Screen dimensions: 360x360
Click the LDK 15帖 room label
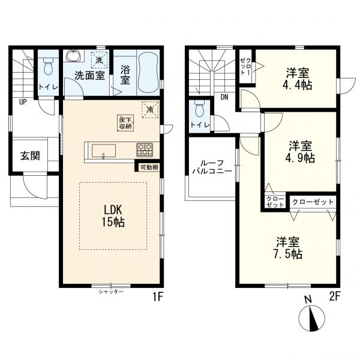[113, 216]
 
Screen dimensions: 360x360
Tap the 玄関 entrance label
[31, 155]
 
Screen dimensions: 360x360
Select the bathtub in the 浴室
[149, 73]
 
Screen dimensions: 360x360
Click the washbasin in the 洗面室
[73, 56]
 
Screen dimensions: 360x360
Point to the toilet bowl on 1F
[48, 66]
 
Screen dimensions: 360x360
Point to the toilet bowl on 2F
[199, 109]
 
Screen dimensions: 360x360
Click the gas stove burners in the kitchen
[145, 149]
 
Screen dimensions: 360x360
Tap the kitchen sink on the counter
[104, 151]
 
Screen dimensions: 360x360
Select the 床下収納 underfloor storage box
[125, 123]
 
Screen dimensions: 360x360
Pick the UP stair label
[23, 102]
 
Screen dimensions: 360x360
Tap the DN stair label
[224, 97]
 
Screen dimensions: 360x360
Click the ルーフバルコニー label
[212, 167]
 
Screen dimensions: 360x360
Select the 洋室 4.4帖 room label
[297, 79]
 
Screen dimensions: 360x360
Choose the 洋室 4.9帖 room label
[300, 152]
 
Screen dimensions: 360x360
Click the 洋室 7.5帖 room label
[287, 248]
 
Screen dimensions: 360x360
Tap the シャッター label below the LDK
[111, 292]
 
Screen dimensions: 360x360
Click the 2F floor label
[335, 297]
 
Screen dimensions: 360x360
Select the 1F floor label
[158, 298]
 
